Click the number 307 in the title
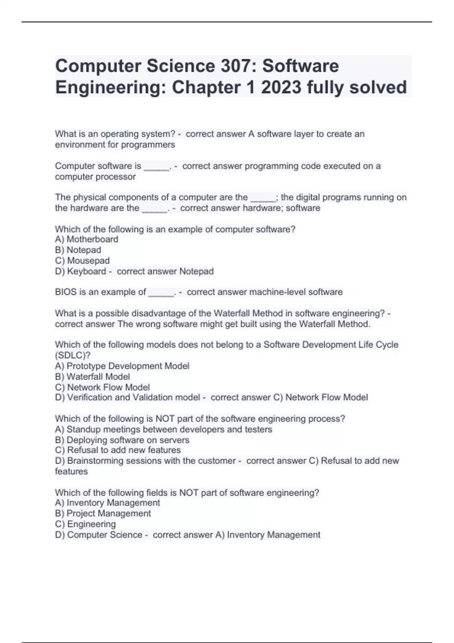pos(236,66)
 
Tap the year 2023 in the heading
pos(281,87)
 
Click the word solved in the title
pos(378,87)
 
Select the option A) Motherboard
pos(87,239)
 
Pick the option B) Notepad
pos(78,250)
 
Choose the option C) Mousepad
pos(82,261)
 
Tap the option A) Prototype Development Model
pos(122,366)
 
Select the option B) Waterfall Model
pos(92,377)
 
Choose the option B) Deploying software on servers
pos(122,440)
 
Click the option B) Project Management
pos(103,514)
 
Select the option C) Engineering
pos(86,524)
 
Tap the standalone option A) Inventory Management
pos(107,503)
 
